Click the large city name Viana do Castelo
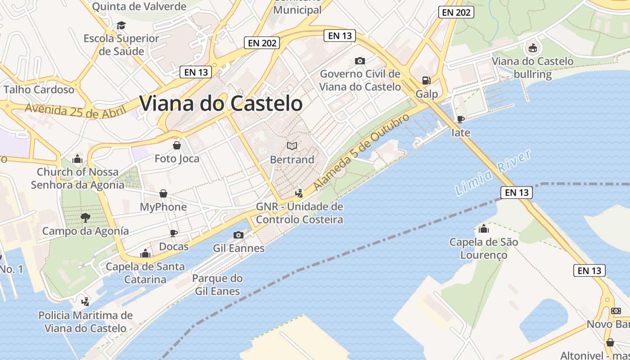[x=220, y=103]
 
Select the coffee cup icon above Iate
[x=460, y=119]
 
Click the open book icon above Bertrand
[x=292, y=146]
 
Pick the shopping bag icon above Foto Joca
[x=177, y=145]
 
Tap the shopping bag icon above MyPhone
[x=163, y=193]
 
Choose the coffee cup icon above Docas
[x=174, y=233]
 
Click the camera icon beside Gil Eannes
[x=238, y=235]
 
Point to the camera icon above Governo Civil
[x=360, y=61]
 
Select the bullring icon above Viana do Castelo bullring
[x=532, y=47]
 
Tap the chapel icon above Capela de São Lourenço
[x=484, y=229]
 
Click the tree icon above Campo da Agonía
[x=85, y=218]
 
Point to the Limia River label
[x=493, y=173]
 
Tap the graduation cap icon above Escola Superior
[x=121, y=25]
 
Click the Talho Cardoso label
[x=39, y=90]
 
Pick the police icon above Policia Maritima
[x=85, y=301]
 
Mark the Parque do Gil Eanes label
[x=217, y=285]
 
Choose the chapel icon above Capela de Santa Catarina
[x=145, y=253]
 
